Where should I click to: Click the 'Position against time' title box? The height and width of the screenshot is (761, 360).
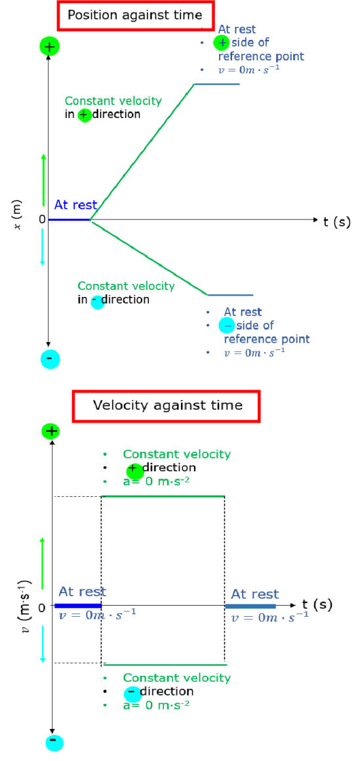click(136, 15)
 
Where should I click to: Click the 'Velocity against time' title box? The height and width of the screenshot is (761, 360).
click(167, 405)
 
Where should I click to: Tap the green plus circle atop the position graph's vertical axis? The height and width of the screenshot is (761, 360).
click(49, 47)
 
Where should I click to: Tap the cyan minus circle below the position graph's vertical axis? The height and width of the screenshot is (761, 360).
click(50, 359)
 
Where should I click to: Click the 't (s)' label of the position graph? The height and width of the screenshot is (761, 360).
click(336, 222)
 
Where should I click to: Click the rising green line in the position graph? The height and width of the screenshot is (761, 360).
click(143, 152)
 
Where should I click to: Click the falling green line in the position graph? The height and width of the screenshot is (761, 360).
click(149, 257)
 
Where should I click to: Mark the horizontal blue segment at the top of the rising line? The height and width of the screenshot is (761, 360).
click(217, 84)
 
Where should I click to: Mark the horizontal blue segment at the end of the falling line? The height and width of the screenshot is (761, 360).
click(230, 294)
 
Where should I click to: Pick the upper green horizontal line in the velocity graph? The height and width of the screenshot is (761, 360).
click(163, 496)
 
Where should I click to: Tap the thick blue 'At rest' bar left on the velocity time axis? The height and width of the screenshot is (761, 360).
click(78, 606)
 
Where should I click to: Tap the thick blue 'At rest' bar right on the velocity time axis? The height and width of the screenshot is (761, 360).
click(250, 606)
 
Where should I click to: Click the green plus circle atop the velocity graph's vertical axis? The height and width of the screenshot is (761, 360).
click(50, 431)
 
